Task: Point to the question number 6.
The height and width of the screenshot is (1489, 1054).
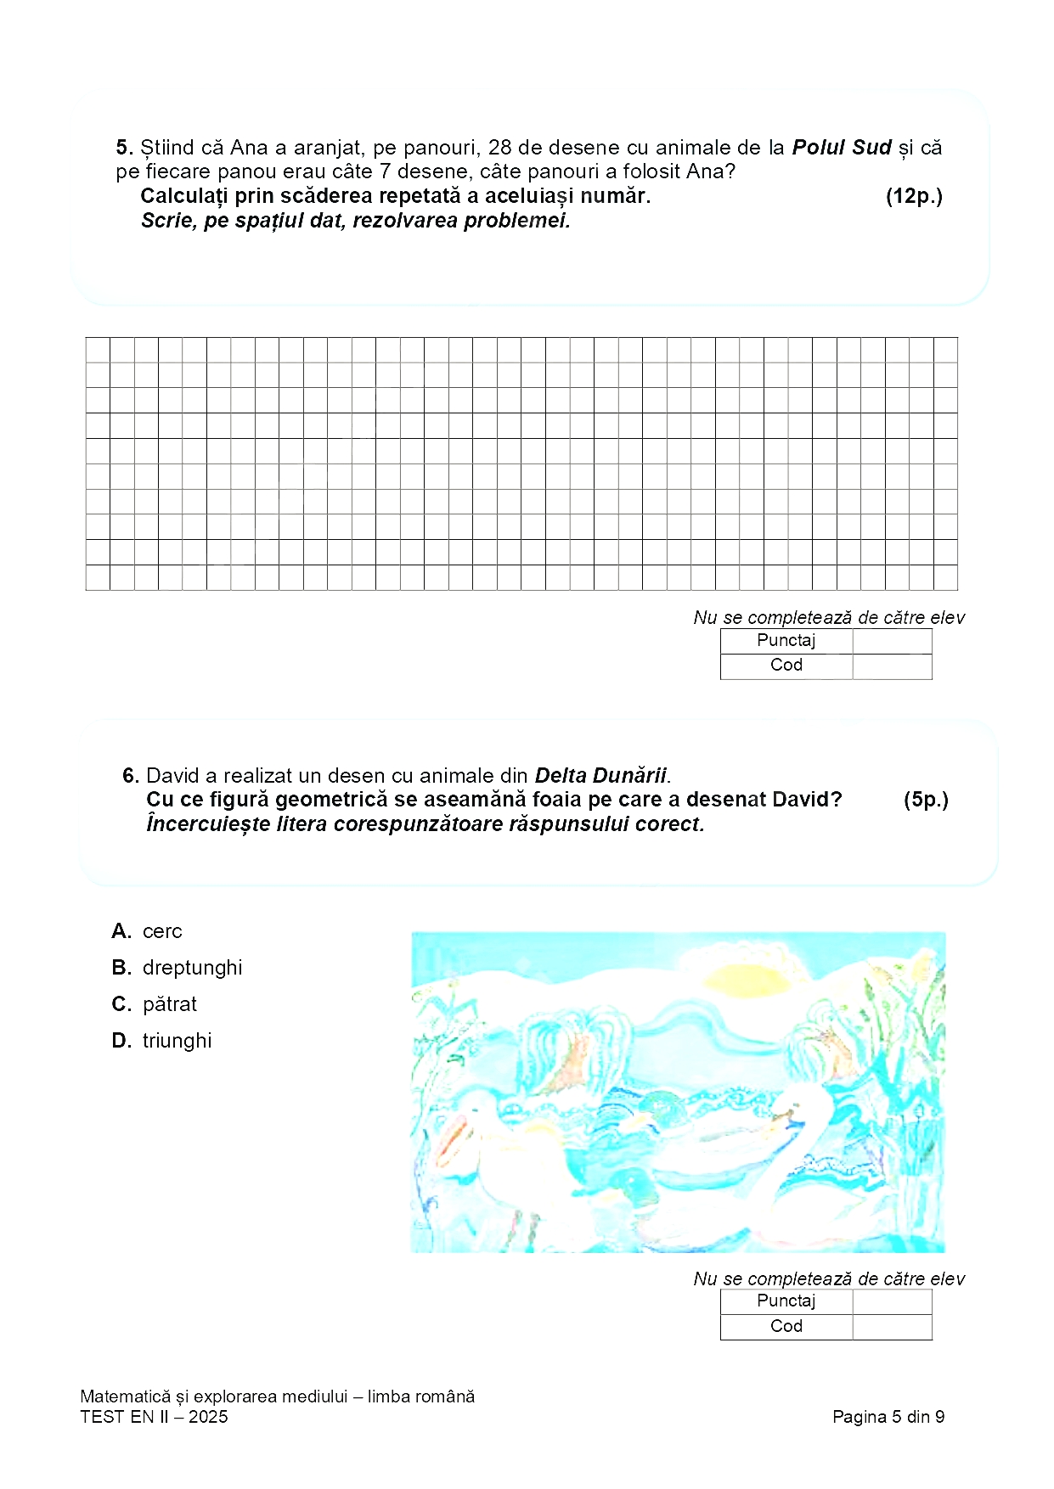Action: click(130, 775)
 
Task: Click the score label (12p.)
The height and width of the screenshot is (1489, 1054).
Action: click(914, 196)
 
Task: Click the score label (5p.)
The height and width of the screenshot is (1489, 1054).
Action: click(926, 800)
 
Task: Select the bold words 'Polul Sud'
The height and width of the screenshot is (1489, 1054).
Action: click(841, 148)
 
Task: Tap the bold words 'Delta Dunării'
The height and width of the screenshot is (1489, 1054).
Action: click(600, 775)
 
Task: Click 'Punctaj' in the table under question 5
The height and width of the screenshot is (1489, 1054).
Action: click(786, 641)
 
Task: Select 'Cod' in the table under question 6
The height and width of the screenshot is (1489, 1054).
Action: click(786, 1326)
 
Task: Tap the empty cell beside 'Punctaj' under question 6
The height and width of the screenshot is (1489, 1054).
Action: click(892, 1301)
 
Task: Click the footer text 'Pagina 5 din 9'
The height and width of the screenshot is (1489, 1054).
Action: click(888, 1417)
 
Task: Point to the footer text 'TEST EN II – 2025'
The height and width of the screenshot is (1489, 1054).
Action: click(154, 1417)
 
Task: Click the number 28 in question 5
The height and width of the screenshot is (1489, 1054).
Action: click(500, 148)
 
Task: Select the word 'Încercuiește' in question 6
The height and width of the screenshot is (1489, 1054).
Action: click(201, 824)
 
